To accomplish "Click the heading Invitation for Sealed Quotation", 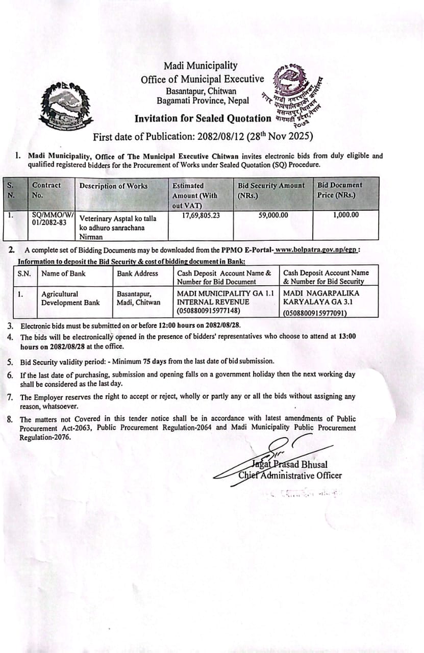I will [203, 118].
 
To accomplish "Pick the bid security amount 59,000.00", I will [273, 215].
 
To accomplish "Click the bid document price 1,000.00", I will [345, 215].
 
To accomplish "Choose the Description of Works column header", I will [113, 186].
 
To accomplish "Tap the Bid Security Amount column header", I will [271, 186].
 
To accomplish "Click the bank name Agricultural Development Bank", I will [70, 298].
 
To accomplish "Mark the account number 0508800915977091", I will [315, 314].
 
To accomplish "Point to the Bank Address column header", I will [137, 273].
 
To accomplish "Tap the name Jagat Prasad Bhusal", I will [289, 465].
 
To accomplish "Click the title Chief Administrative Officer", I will [290, 476].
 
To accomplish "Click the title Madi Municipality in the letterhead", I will [201, 66].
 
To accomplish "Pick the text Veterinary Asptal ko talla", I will [118, 218].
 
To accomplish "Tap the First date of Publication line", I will [203, 137].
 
